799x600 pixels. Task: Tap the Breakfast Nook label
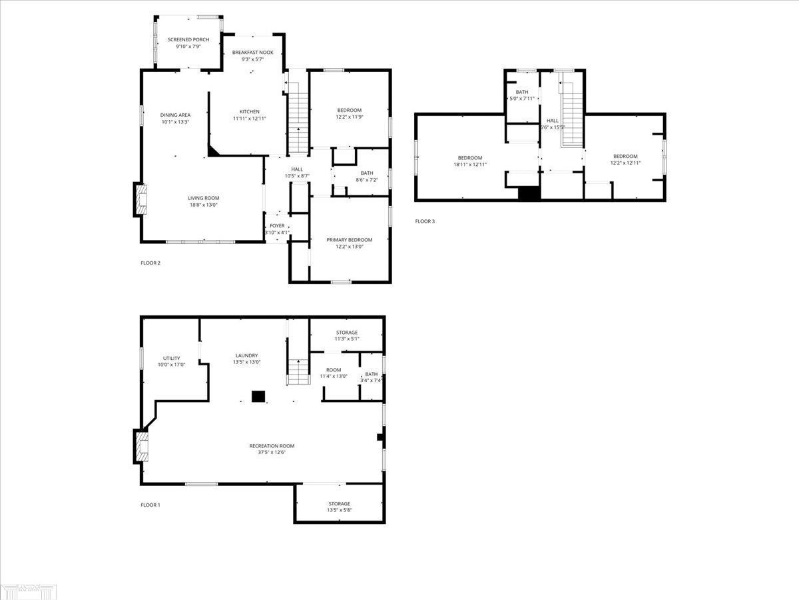tap(252, 52)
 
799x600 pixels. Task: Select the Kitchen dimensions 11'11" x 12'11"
tap(250, 119)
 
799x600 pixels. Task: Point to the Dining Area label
tap(175, 115)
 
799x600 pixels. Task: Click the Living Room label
tap(203, 198)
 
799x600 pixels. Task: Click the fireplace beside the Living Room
tap(140, 199)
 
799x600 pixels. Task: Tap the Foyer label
tap(277, 226)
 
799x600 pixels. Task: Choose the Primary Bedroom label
tap(349, 240)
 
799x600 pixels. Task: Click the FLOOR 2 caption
tap(150, 263)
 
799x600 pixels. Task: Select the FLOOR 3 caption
tap(425, 221)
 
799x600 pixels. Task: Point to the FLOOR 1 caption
tap(150, 505)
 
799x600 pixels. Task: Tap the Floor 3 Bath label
tap(521, 92)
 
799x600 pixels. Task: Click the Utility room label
tap(171, 359)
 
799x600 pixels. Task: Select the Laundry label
tap(246, 355)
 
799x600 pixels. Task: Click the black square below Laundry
tap(258, 396)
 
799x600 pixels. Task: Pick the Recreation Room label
tap(272, 446)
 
